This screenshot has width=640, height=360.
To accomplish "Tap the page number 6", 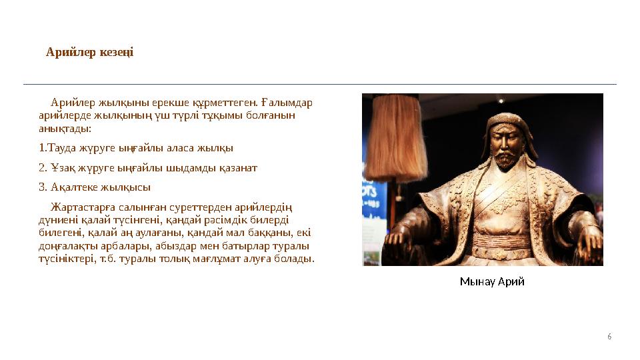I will pos(609,336).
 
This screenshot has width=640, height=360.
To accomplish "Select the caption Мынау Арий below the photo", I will pos(492,281).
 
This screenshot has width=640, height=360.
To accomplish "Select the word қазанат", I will pos(237,167).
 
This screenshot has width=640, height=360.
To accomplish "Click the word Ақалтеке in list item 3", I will pos(71,187).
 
